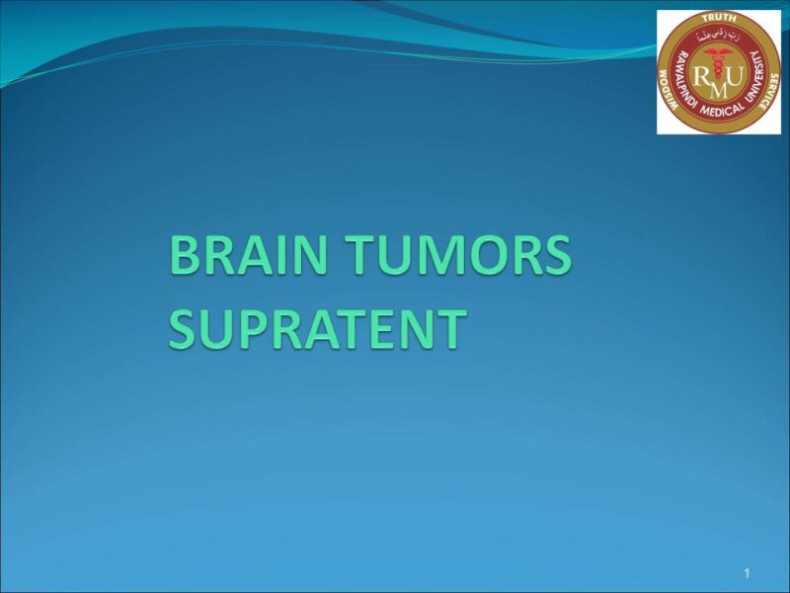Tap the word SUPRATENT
(316, 329)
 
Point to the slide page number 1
(748, 574)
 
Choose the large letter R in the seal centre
(700, 75)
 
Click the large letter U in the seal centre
(737, 75)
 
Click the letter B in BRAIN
(185, 257)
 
